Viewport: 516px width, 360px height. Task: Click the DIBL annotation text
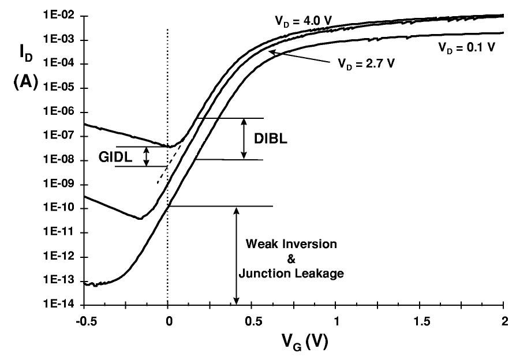pyautogui.click(x=268, y=140)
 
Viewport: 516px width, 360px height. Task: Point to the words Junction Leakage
pyautogui.click(x=294, y=274)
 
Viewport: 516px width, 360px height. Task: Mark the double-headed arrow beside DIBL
pyautogui.click(x=244, y=138)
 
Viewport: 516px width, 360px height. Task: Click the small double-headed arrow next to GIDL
pyautogui.click(x=146, y=156)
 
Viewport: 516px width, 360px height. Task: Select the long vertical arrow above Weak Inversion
pyautogui.click(x=236, y=254)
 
